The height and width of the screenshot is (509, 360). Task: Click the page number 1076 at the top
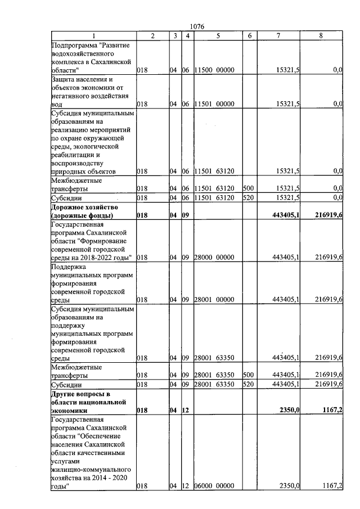pyautogui.click(x=197, y=26)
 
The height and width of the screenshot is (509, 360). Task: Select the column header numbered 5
pyautogui.click(x=217, y=35)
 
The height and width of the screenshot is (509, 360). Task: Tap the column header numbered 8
pyautogui.click(x=321, y=35)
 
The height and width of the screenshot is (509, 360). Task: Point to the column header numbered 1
pyautogui.click(x=93, y=35)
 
